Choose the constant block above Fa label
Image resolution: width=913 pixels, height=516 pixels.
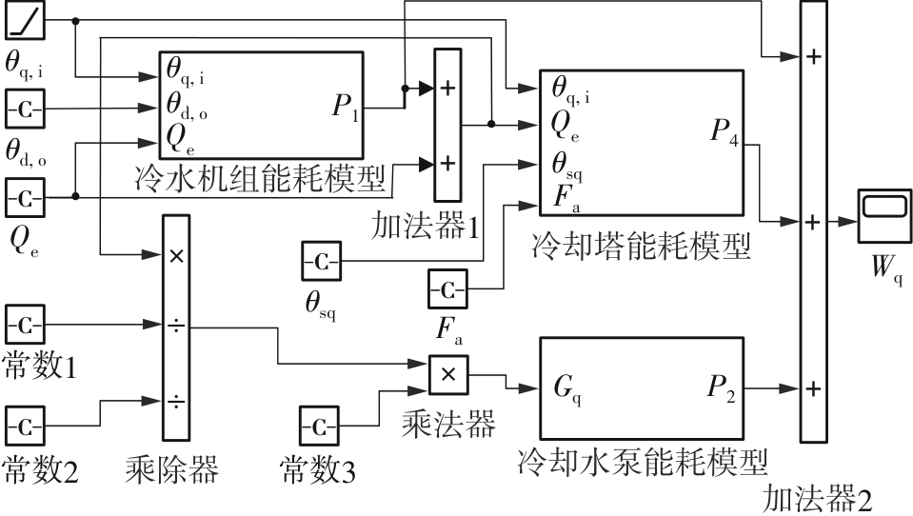pyautogui.click(x=447, y=288)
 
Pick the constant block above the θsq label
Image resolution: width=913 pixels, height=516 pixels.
pyautogui.click(x=321, y=262)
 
